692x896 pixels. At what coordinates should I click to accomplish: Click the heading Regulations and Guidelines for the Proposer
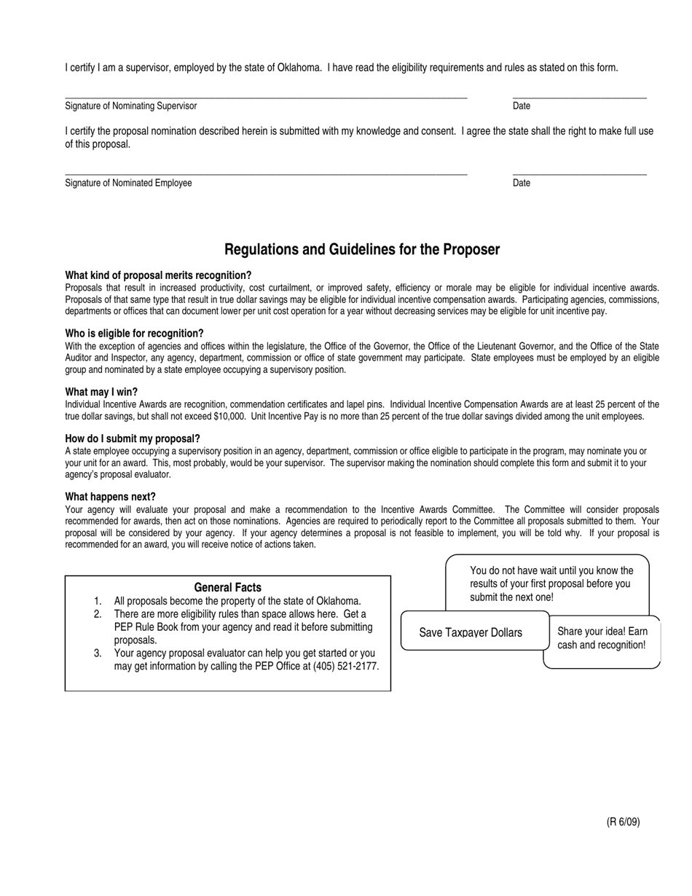361,250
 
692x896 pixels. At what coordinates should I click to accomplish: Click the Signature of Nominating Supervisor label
130,106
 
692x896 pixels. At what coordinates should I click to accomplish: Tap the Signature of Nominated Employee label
128,184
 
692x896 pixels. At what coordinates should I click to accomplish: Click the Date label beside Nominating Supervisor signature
522,106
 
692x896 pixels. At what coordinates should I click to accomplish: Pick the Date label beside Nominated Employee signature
522,184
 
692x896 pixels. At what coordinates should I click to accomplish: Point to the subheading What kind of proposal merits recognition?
158,275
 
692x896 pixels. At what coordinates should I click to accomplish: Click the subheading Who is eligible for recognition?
134,334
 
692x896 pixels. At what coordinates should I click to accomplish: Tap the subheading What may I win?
101,392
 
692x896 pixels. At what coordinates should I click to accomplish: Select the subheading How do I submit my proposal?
133,439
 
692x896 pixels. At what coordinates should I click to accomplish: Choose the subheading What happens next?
110,497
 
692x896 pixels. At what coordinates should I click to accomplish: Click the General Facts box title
227,588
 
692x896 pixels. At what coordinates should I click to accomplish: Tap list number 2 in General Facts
98,614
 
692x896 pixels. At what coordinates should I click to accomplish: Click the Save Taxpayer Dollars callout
471,632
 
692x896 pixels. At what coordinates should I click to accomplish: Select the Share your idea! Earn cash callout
602,638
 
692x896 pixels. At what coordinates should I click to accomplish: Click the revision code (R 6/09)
623,822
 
